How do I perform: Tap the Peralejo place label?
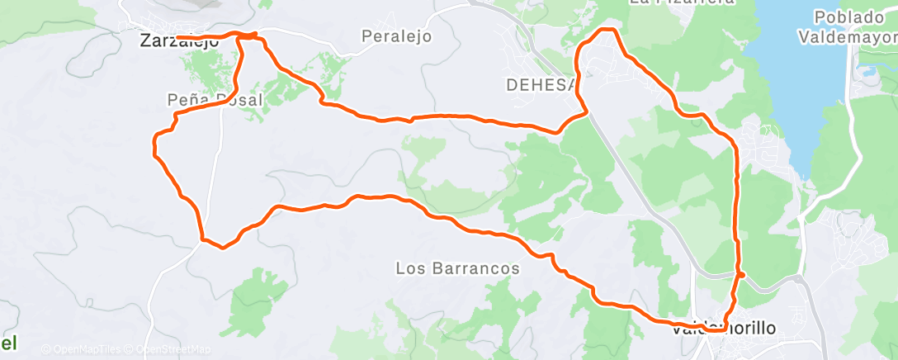coord(397,36)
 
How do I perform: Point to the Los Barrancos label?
coord(457,268)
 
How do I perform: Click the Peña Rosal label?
coord(214,100)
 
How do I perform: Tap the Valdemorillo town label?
coord(724,329)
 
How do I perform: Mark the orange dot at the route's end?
coord(741,275)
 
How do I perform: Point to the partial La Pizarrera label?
coord(681,2)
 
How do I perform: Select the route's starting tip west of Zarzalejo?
coord(178,38)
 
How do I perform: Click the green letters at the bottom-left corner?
coord(8,342)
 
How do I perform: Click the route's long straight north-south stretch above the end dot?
coord(735,206)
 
